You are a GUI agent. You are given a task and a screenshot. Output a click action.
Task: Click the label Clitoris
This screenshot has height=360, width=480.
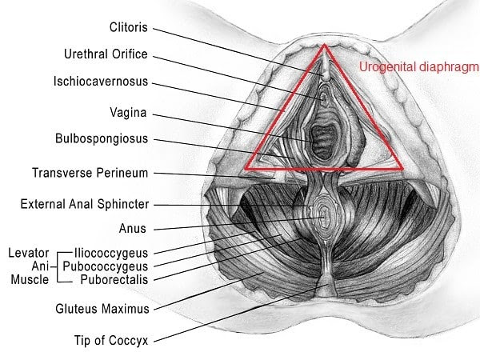click(129, 27)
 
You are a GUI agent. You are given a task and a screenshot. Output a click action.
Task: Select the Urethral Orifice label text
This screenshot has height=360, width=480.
click(106, 54)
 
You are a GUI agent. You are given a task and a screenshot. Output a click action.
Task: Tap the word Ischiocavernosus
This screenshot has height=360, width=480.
click(101, 82)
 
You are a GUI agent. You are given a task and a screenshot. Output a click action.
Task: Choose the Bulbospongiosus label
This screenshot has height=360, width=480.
click(102, 138)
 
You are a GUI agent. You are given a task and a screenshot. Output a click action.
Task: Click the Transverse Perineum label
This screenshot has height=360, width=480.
click(90, 172)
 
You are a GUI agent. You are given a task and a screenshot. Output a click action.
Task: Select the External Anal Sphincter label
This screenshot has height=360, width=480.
click(84, 204)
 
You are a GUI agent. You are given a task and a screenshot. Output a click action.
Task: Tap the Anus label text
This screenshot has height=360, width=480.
click(132, 229)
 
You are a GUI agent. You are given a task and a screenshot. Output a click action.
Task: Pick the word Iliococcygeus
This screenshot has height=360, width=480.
click(110, 252)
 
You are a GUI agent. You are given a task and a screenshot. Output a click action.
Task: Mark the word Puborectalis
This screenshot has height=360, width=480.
click(114, 279)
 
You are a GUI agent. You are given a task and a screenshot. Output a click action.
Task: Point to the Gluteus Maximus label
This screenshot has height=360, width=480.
click(102, 308)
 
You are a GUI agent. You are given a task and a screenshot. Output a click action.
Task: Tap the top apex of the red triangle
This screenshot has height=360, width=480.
click(324, 46)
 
